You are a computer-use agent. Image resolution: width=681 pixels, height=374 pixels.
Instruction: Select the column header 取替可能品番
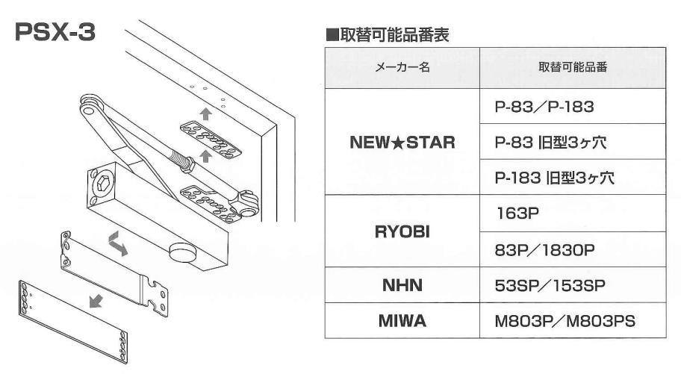coord(572,67)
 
